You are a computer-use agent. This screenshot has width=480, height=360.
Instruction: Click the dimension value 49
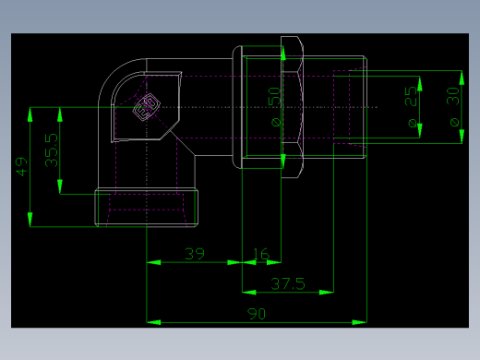click(21, 166)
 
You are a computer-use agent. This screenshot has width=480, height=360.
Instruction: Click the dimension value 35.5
click(52, 150)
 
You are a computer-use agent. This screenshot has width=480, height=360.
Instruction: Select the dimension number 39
click(194, 254)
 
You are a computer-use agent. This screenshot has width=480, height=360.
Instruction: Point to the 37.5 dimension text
click(287, 283)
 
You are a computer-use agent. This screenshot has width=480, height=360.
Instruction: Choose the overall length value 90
click(257, 314)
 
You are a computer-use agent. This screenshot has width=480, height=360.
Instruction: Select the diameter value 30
click(452, 95)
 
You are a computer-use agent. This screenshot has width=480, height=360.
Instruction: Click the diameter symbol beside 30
click(452, 121)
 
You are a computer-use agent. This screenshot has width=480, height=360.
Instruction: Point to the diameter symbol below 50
click(274, 120)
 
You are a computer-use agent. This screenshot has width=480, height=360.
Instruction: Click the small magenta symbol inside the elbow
click(143, 111)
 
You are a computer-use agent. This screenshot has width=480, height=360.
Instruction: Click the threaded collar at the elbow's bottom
click(148, 208)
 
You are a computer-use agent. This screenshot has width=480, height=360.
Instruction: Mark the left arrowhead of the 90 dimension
click(153, 322)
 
